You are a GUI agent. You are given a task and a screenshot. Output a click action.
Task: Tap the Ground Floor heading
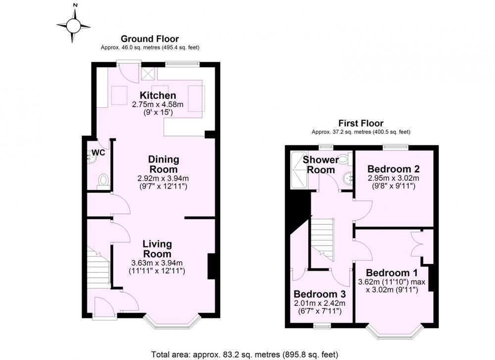pyautogui.click(x=149, y=39)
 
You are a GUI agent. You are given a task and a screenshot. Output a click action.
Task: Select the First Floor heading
pyautogui.click(x=361, y=123)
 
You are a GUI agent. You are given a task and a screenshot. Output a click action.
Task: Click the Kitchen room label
pyautogui.click(x=158, y=95)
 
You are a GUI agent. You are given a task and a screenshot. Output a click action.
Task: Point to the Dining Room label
pyautogui.click(x=163, y=164)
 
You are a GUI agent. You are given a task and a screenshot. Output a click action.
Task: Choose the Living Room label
pyautogui.click(x=157, y=249)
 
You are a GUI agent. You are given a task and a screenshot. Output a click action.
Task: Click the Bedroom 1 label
pyautogui.click(x=392, y=272)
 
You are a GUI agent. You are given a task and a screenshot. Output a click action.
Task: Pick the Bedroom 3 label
pyautogui.click(x=319, y=294)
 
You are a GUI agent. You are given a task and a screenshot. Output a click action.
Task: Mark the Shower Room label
pyautogui.click(x=321, y=164)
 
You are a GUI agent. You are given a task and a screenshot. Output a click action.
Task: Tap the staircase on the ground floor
pyautogui.click(x=99, y=267)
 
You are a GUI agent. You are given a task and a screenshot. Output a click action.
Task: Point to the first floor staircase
pyautogui.click(x=322, y=239)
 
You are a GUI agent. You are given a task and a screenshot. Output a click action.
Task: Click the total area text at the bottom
pyautogui.click(x=245, y=355)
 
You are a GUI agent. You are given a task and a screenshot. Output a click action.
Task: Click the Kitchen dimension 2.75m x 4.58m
pyautogui.click(x=157, y=104)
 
